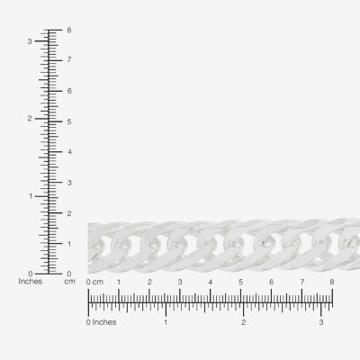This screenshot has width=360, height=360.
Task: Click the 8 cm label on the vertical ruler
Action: pos(69,31)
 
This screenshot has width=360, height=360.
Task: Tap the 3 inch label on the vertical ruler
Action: pos(30,41)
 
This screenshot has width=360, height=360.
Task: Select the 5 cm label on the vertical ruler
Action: pos(69,121)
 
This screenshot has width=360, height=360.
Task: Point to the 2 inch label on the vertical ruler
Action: pos(30,119)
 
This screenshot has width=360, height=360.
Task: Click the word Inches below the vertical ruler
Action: pos(31,282)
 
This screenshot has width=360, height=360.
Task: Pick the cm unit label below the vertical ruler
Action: pos(69,282)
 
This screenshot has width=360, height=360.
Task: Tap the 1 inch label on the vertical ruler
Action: pos(31,196)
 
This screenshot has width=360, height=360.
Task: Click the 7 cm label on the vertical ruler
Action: pos(69,59)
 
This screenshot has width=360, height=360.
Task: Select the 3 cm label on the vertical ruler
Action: pos(69,183)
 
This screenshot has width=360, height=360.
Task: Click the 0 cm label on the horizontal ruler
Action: pos(94,282)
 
